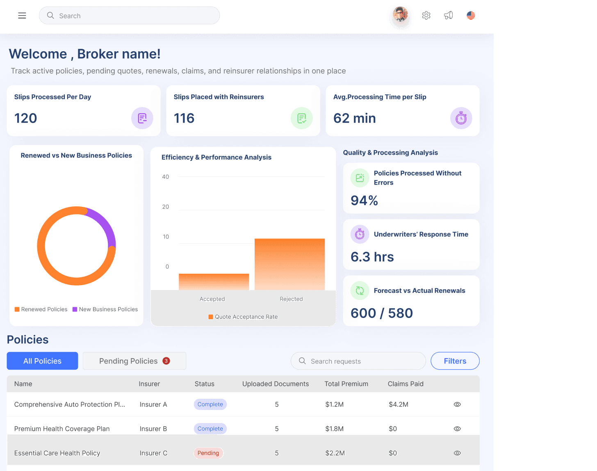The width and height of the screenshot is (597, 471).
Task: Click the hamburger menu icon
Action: click(22, 16)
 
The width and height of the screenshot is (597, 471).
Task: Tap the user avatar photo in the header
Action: click(400, 14)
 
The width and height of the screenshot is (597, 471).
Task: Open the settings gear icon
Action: click(426, 15)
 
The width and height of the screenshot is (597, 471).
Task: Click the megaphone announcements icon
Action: click(448, 15)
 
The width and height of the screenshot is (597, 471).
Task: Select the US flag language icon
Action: click(471, 15)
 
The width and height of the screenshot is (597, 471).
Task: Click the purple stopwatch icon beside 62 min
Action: click(461, 118)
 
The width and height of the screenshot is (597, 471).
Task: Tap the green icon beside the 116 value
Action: click(301, 118)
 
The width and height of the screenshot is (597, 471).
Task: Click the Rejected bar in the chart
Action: click(289, 264)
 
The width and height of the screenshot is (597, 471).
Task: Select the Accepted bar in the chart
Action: click(214, 282)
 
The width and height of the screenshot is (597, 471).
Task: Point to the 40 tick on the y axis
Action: click(165, 177)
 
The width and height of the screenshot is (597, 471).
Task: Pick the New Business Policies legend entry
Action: click(105, 309)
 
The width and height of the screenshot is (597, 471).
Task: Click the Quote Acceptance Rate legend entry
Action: click(243, 317)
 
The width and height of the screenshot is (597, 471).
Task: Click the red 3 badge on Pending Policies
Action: click(166, 361)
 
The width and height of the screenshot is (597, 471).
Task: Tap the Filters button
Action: click(455, 361)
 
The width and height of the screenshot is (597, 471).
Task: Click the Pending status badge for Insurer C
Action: click(208, 453)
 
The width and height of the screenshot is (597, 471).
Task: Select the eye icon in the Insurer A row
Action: click(457, 405)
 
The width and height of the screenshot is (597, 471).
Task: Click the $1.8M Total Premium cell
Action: click(334, 429)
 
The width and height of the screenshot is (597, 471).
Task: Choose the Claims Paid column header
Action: click(406, 384)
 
